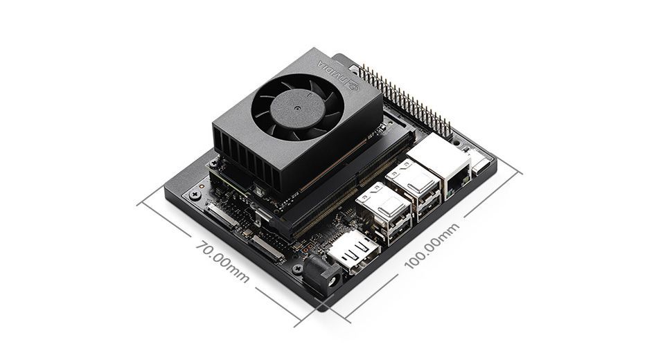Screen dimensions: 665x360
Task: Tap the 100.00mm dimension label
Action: point(432,246)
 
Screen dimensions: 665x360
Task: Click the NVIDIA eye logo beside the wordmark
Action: point(353,86)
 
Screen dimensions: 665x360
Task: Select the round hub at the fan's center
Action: point(297,109)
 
